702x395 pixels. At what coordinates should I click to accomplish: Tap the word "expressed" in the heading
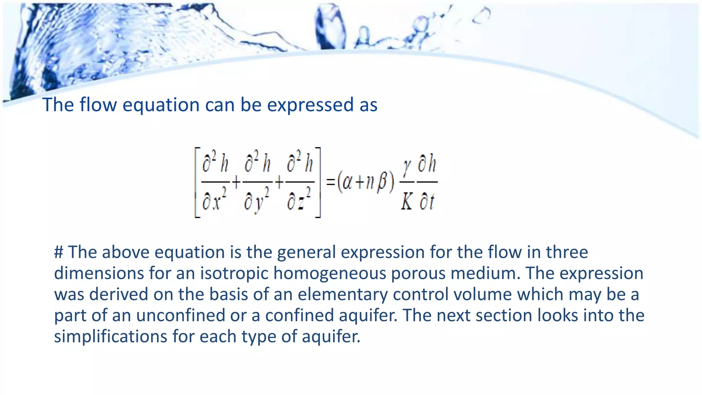click(310, 105)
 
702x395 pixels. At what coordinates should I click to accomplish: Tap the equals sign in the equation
click(330, 182)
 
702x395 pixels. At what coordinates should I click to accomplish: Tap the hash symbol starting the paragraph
click(59, 252)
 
